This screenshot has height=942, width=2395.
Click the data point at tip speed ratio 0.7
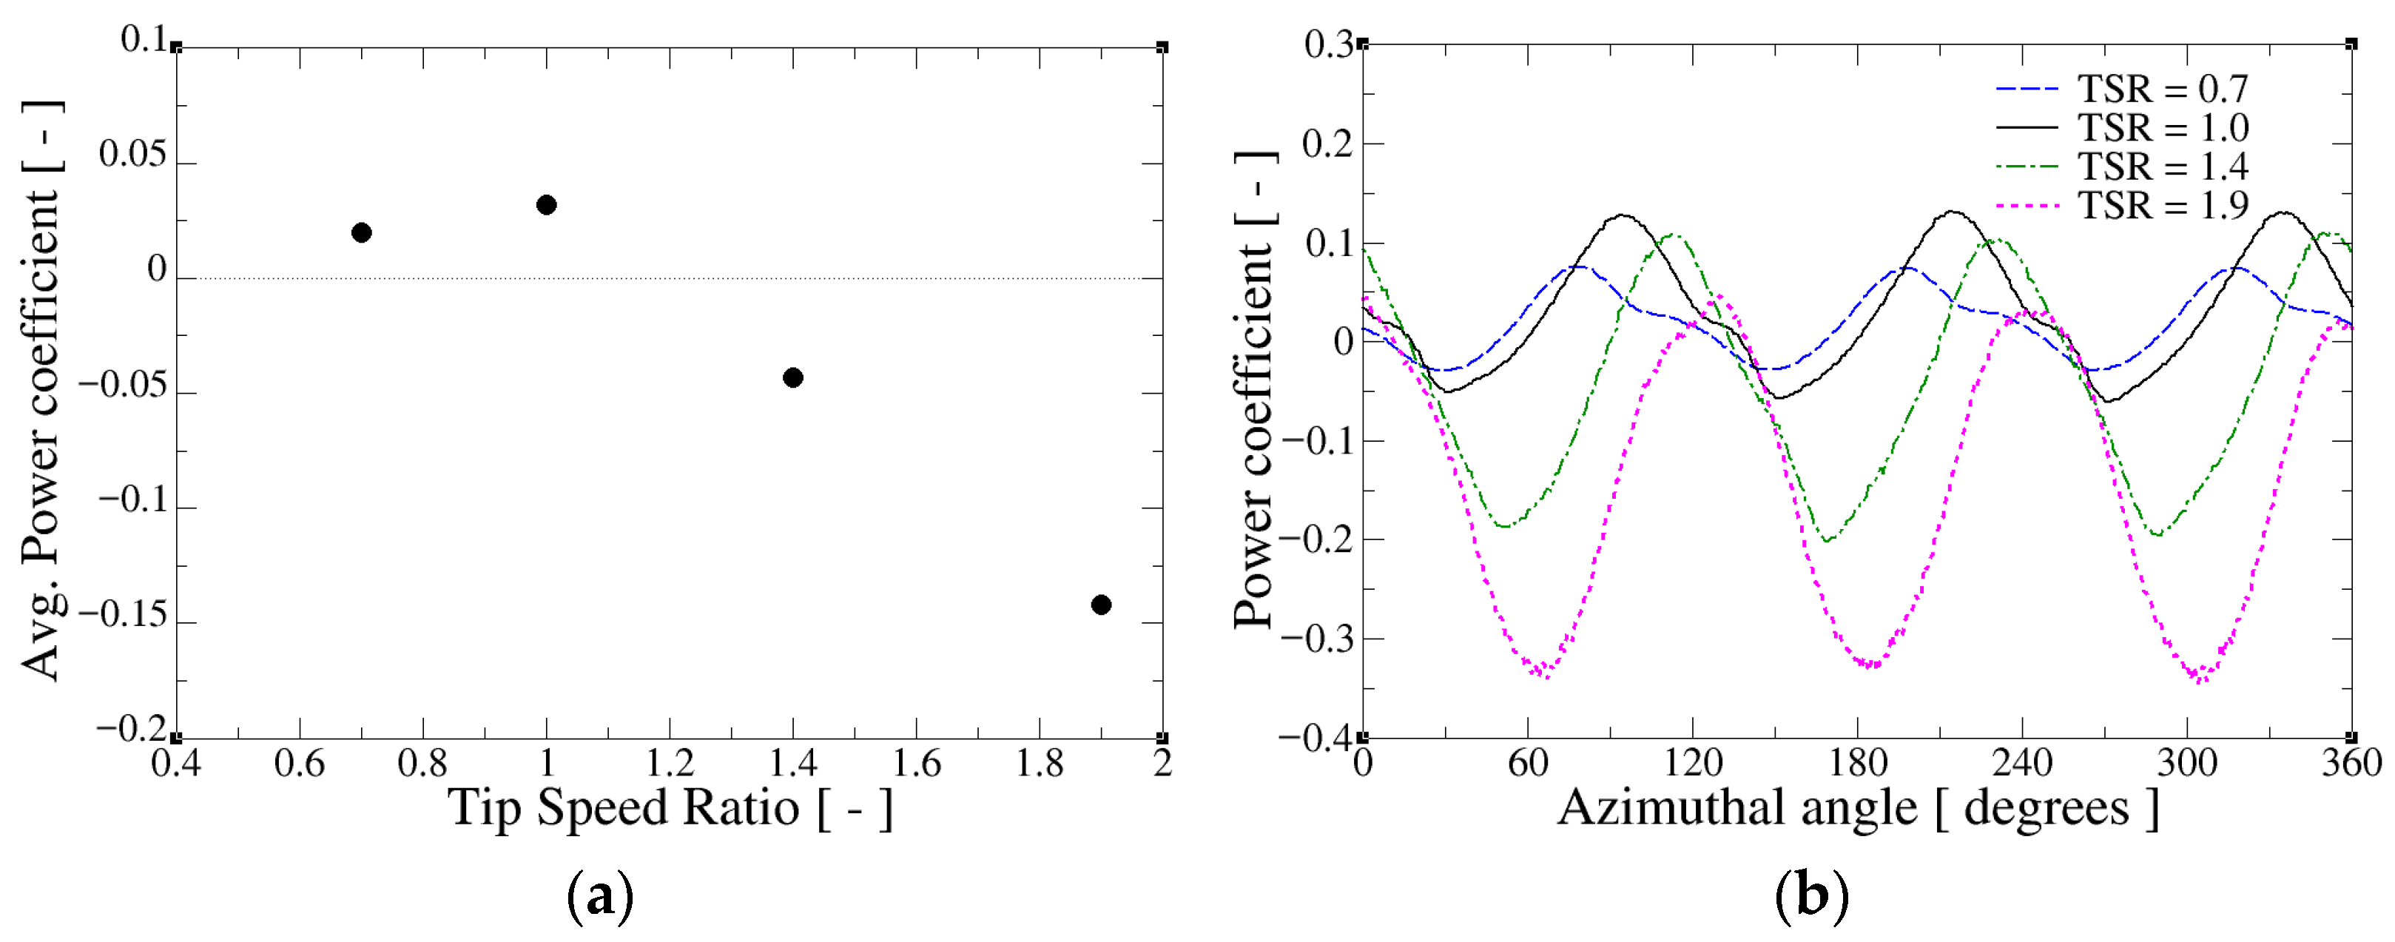(362, 232)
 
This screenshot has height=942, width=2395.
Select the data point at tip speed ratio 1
(547, 204)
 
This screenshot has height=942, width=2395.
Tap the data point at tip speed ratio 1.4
(793, 377)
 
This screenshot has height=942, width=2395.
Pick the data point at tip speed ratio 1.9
(1101, 605)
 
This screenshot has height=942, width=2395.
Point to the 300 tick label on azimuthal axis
(2187, 764)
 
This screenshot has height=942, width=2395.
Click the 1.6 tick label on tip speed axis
(916, 764)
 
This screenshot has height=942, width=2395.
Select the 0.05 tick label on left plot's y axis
(133, 155)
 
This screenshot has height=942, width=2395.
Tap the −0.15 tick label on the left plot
(124, 615)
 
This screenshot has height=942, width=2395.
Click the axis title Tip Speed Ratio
(670, 807)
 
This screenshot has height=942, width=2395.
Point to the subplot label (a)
(600, 896)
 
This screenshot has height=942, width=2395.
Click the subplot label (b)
(1810, 896)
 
